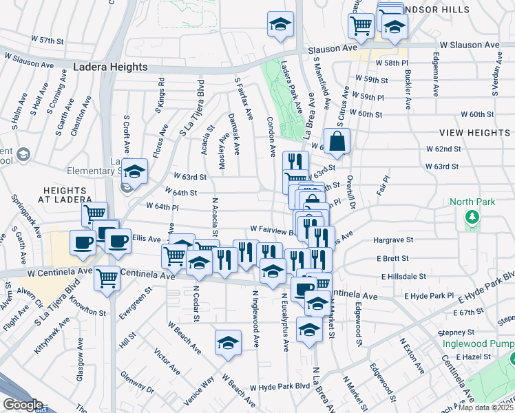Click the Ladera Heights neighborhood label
(x=111, y=67)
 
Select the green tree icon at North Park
(x=472, y=218)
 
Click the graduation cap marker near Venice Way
(x=227, y=343)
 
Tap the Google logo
(x=23, y=405)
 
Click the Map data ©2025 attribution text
(x=486, y=407)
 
